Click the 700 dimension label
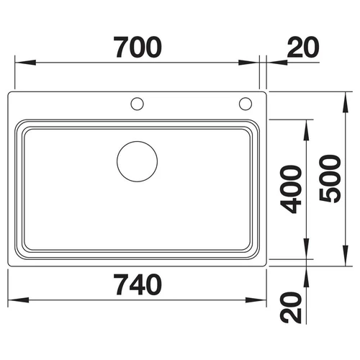(x=138, y=48)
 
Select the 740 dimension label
(x=138, y=284)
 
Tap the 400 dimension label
(x=291, y=189)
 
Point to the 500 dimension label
(x=330, y=179)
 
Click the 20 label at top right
(x=303, y=48)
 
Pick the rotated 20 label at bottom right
(x=291, y=307)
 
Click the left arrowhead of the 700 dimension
(x=25, y=63)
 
